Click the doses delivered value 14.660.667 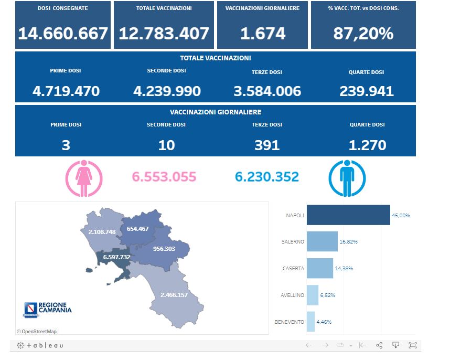click(63, 34)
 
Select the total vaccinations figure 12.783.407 click(164, 34)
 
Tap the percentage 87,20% click(363, 34)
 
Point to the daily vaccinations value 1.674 click(263, 34)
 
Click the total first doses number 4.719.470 click(66, 91)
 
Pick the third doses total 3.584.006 click(267, 91)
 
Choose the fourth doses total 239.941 click(367, 91)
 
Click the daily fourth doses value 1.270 click(367, 145)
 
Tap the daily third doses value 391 click(267, 145)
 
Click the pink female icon click(84, 178)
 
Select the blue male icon click(347, 178)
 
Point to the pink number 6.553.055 click(164, 177)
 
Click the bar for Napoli click(348, 215)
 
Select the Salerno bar click(322, 241)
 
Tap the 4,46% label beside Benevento click(325, 322)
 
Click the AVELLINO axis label click(292, 295)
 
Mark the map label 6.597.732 click(116, 257)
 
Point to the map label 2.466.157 click(174, 295)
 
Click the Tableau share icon click(379, 345)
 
